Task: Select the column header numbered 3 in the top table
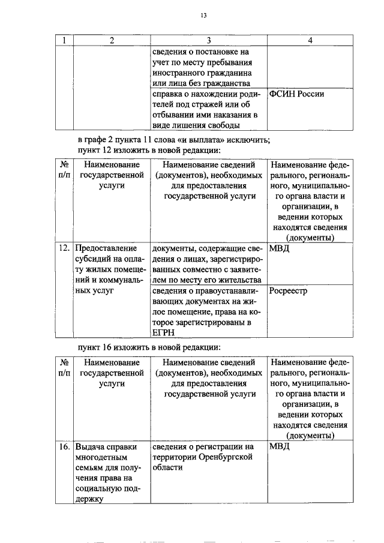[208, 40]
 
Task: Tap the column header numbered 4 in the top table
[310, 40]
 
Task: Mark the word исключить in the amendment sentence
[249, 140]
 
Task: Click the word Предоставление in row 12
[105, 248]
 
